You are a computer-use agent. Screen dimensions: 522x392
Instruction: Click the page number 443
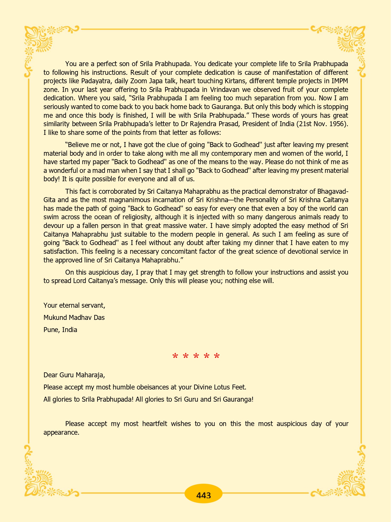coord(203,495)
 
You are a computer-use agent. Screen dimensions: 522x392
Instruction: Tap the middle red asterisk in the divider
coord(196,356)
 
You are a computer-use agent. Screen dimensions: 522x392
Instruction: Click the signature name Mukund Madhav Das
coord(74,318)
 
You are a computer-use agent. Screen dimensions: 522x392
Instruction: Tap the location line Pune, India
coord(60,330)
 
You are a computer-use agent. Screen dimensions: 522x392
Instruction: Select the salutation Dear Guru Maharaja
coord(74,375)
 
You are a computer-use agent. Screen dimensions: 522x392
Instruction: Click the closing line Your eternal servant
coord(74,305)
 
